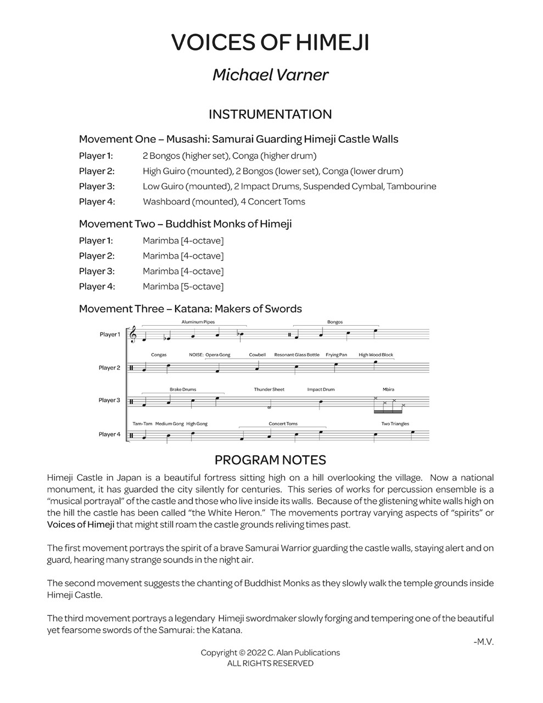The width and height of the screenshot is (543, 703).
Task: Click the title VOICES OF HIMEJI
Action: pos(270,43)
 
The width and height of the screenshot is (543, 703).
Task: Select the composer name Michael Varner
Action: pos(270,75)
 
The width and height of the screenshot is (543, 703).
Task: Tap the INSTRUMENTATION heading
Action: pos(270,114)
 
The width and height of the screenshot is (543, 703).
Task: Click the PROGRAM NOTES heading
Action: pos(270,460)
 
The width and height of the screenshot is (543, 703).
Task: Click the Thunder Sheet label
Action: pos(269,389)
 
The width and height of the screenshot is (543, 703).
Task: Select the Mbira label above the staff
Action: pos(389,389)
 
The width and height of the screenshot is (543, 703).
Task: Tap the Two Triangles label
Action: pos(395,423)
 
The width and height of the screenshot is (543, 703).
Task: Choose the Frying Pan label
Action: pos(336,355)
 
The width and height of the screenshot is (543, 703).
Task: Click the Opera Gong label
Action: pos(218,355)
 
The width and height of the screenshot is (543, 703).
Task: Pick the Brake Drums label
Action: pos(183,389)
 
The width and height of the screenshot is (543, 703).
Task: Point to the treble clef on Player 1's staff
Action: pos(132,335)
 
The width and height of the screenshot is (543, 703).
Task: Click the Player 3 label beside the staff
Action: pos(109,400)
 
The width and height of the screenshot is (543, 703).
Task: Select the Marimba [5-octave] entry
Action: pos(183,286)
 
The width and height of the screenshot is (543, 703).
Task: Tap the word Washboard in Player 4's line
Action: pos(166,202)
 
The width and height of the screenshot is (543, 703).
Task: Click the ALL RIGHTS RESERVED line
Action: pos(270,663)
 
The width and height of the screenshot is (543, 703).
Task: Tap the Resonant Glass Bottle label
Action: pos(296,355)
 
